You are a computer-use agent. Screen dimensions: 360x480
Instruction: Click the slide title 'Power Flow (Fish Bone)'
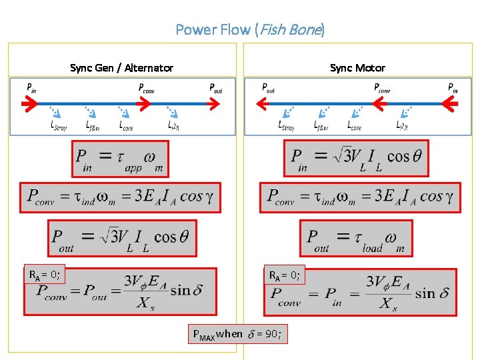pos(250,29)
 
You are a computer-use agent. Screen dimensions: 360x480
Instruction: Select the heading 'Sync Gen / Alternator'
pos(121,68)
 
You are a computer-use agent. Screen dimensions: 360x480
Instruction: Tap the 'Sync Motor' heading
pos(357,68)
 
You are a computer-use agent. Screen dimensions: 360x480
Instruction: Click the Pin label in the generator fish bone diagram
pos(31,87)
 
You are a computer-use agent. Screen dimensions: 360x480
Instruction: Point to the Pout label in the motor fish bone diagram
pos(269,87)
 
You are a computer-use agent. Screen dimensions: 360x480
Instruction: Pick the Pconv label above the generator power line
pos(146,87)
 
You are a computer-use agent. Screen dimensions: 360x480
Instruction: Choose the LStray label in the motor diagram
pos(286,125)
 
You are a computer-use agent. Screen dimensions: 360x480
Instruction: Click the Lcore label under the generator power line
pos(126,125)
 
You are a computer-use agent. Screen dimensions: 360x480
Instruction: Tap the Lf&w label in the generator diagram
pos(93,125)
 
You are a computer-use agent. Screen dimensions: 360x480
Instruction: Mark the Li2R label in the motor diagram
pos(403,125)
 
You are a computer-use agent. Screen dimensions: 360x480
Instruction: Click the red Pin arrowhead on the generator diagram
pos(29,103)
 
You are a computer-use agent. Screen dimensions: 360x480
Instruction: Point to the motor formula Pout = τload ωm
pos(356,238)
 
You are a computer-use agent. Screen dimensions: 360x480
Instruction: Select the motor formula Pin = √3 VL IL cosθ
pos(356,159)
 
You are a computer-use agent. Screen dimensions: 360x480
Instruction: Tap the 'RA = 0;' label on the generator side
pos(44,274)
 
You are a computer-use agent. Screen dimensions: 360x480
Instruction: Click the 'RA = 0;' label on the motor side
pos(285,274)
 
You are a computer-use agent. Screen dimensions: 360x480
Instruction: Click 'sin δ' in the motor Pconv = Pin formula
pos(431,293)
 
